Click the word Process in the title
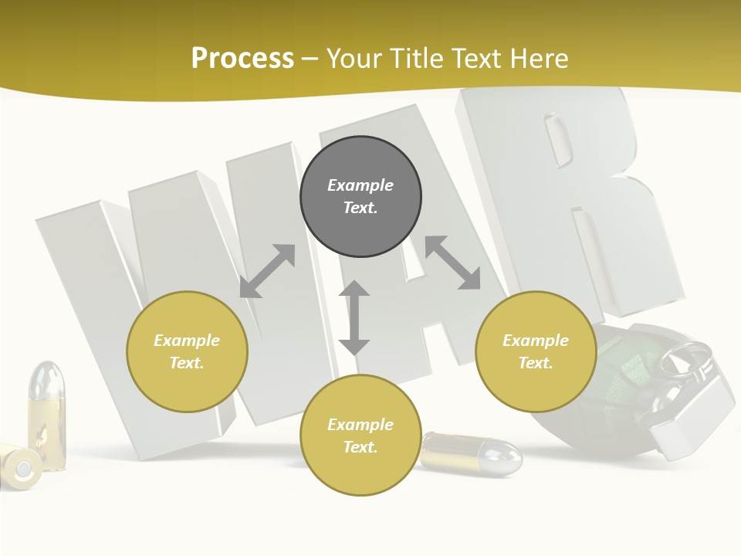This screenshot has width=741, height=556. coord(242,59)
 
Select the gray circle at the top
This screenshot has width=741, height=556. coord(360,197)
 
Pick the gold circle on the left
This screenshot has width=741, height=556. coord(187,351)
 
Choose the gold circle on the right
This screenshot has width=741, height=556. coord(536,351)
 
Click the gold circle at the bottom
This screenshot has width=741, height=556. coord(360,436)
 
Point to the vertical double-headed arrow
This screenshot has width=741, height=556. coord(354,317)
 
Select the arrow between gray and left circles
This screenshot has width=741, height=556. coord(267,271)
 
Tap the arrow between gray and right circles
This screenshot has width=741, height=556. coord(453,263)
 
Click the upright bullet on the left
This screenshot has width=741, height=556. coord(46,417)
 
